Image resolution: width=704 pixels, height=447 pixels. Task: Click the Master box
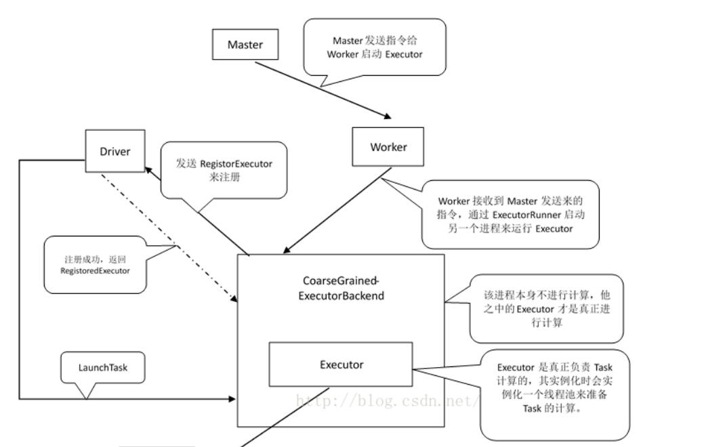click(x=245, y=45)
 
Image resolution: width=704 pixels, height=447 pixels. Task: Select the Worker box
click(x=388, y=147)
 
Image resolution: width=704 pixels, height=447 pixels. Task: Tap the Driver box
click(x=115, y=151)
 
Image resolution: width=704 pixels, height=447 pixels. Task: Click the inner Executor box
click(x=341, y=364)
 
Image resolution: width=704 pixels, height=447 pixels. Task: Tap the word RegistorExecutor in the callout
click(x=239, y=163)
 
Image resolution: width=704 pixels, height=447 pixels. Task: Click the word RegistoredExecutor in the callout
click(x=95, y=270)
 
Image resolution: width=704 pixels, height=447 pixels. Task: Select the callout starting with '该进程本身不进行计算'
click(x=545, y=308)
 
